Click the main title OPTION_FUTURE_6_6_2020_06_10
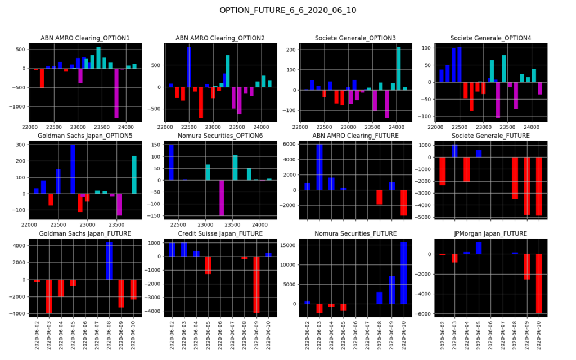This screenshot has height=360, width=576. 287,10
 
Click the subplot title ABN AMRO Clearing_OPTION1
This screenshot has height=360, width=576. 85,38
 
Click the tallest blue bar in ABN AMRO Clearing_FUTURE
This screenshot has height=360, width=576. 319,167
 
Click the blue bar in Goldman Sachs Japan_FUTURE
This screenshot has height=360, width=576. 109,261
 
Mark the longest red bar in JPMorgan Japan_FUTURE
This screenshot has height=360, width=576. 539,283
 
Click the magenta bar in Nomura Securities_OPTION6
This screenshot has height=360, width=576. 222,198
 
